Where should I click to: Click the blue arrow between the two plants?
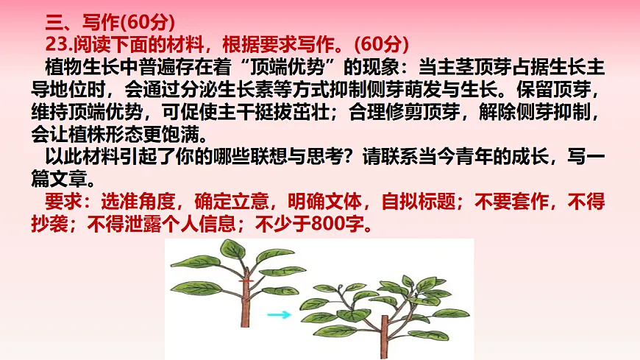pos(278,315)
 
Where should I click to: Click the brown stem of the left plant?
pos(245,309)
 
